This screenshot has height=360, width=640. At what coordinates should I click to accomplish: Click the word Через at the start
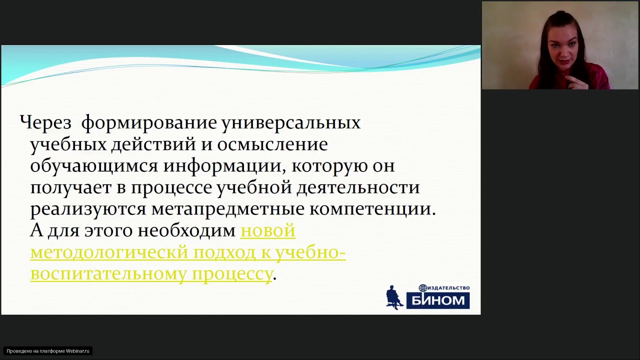point(45,122)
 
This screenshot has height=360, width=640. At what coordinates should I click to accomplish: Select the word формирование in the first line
point(148,122)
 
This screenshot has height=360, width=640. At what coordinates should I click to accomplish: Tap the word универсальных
point(290,122)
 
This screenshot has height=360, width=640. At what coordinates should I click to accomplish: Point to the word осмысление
point(273,144)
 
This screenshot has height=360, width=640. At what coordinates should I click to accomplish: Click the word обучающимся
point(94,166)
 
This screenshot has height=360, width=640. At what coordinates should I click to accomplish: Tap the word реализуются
point(88,209)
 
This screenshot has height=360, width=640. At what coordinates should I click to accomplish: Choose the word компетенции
point(372,209)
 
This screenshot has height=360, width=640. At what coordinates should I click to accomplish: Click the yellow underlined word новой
point(268,230)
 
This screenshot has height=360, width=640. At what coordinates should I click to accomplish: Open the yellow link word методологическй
point(109,252)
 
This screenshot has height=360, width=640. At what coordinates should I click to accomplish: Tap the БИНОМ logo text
point(438,300)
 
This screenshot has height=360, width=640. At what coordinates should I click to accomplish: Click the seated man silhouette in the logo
point(394,297)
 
